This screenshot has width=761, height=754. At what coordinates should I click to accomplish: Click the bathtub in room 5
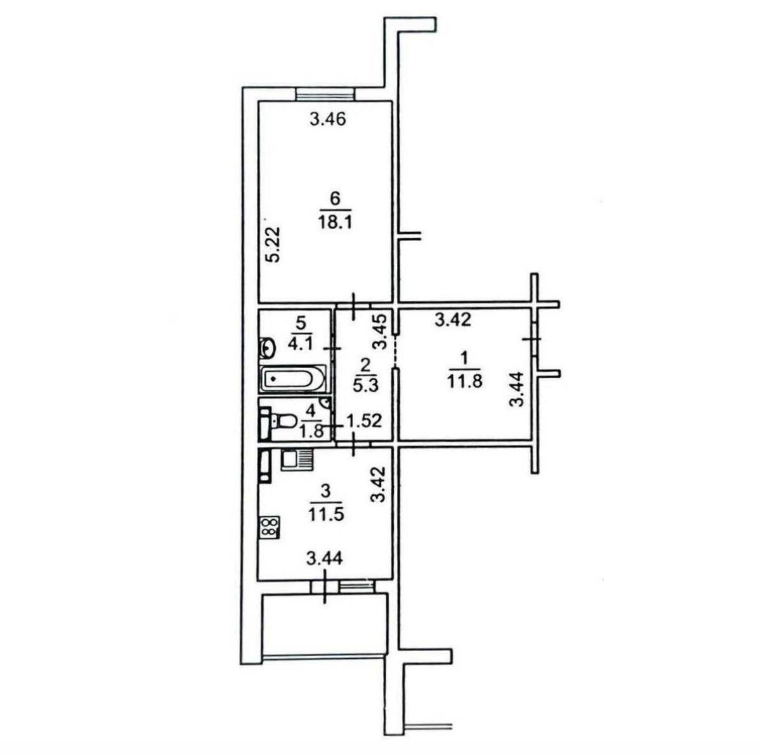tap(292, 380)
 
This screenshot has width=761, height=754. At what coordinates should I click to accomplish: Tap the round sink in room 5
tap(268, 347)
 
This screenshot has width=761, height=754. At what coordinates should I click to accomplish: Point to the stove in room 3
tap(269, 526)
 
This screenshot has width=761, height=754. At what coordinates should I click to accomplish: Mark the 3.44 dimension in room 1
tap(518, 389)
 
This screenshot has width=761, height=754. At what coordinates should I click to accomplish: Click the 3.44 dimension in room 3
tap(325, 559)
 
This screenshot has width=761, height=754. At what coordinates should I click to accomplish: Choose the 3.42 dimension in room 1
tap(453, 321)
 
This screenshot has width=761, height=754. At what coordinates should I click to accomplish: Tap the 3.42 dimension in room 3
tap(379, 485)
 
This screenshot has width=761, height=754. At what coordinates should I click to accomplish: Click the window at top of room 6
tap(325, 95)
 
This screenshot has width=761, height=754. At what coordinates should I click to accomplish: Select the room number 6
tap(335, 198)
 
